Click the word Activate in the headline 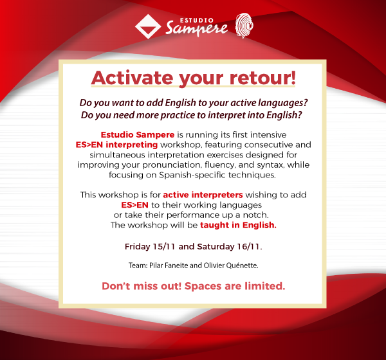click(x=132, y=78)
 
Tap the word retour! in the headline click(x=262, y=78)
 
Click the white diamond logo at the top click(x=148, y=26)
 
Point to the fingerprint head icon click(x=244, y=26)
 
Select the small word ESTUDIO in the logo click(x=197, y=21)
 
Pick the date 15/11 click(x=164, y=247)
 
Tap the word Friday click(x=138, y=247)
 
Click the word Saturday click(x=216, y=247)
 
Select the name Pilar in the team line click(x=156, y=265)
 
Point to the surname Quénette click(x=243, y=265)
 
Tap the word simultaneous click(x=118, y=155)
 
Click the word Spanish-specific click(x=192, y=175)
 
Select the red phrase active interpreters click(x=203, y=195)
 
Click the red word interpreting click(x=132, y=145)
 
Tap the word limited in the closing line click(x=264, y=286)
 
